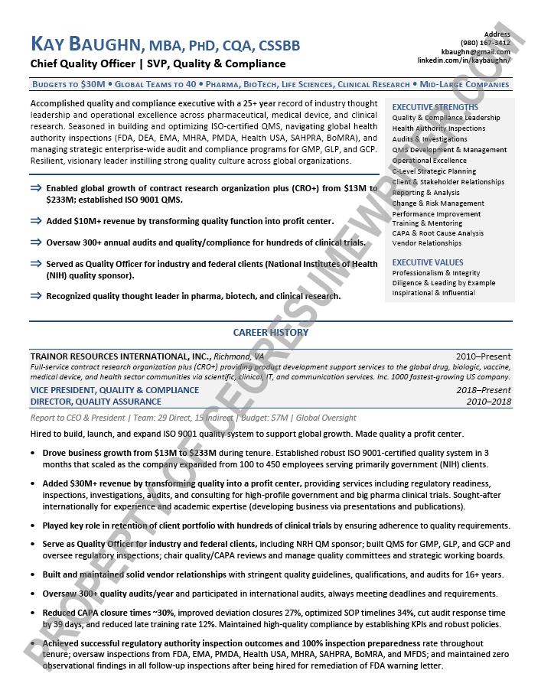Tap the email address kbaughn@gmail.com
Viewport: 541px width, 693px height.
[x=481, y=51]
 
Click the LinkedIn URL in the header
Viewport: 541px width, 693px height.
[x=464, y=60]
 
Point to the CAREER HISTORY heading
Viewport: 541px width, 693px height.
[x=271, y=333]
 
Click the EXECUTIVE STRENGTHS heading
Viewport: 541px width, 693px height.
[x=435, y=107]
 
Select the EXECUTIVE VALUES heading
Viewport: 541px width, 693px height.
[x=428, y=262]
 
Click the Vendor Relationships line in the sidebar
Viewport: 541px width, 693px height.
[x=427, y=243]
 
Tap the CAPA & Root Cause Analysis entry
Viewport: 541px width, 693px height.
[x=438, y=233]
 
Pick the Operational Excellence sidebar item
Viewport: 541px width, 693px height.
[x=429, y=161]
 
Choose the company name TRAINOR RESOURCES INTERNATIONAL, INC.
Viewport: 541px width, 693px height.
[x=120, y=356]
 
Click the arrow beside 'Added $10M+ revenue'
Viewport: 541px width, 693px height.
[x=36, y=221]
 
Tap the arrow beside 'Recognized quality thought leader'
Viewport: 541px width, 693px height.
[x=36, y=296]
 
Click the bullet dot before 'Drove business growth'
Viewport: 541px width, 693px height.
[x=33, y=453]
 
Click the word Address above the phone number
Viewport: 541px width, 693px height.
[x=497, y=34]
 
